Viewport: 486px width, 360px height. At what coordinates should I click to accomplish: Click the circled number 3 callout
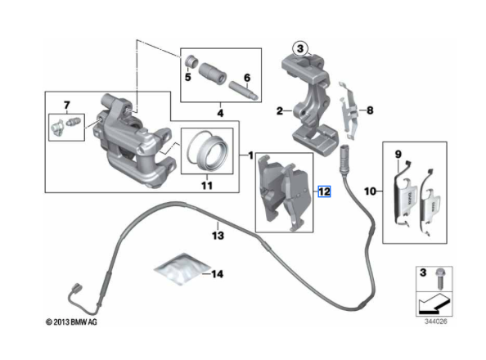pos(300,49)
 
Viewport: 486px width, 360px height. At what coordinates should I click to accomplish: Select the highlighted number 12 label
pos(324,191)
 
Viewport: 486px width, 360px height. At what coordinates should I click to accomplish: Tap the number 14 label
pos(218,274)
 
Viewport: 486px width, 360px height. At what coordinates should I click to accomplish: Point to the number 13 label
pos(218,236)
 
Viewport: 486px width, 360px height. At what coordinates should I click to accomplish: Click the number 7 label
pos(66,106)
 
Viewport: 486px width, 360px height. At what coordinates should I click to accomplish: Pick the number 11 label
pos(207,186)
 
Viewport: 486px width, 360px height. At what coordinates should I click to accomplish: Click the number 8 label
pos(370,110)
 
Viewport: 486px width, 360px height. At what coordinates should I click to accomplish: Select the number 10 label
pos(371,191)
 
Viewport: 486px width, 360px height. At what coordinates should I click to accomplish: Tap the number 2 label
pos(280,110)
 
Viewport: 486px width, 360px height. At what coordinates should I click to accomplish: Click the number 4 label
pos(220,113)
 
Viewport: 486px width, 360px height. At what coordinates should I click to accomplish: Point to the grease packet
pos(182,268)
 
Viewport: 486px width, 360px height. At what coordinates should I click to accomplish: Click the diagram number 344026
pos(436,322)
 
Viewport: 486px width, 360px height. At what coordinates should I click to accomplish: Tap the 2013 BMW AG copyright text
pos(71,322)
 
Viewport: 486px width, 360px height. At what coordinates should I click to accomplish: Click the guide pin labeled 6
pos(244,90)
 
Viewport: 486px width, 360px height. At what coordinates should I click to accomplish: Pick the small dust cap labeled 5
pos(191,61)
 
